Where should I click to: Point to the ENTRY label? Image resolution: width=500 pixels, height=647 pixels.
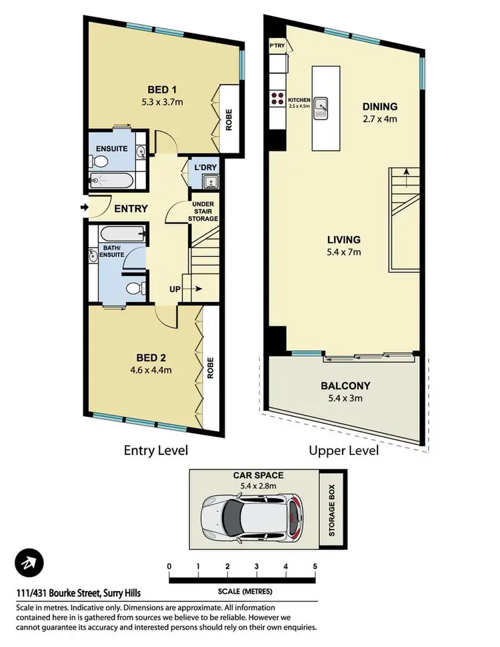(x=131, y=209)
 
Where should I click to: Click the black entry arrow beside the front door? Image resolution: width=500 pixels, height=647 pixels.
(x=84, y=207)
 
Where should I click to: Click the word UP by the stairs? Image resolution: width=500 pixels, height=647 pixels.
(x=175, y=289)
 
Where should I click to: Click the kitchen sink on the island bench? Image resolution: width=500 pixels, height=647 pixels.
(x=323, y=105)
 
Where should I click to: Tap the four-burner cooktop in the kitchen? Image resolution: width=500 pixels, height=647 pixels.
(x=277, y=99)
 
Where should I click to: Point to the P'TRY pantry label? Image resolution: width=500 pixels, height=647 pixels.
(x=277, y=46)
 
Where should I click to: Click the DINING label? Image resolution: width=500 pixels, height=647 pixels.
(x=379, y=107)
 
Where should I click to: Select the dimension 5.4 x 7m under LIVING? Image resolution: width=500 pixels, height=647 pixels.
(x=344, y=251)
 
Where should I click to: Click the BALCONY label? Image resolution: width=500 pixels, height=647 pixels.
(x=345, y=386)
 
